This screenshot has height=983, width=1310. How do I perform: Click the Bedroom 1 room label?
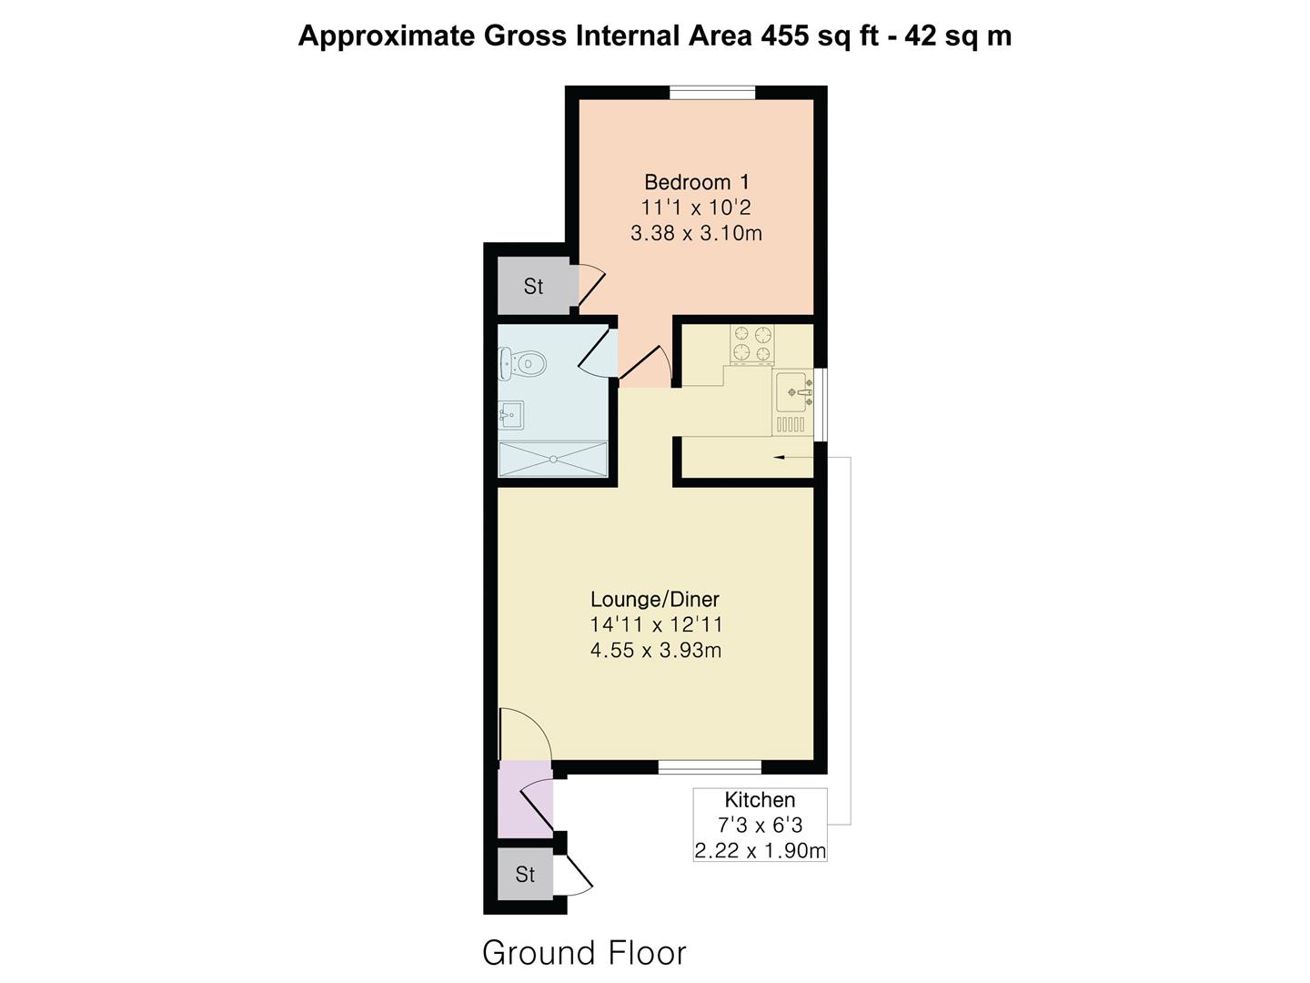(697, 182)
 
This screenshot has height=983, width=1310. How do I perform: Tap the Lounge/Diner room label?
(655, 599)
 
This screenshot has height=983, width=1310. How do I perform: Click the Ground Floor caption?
(584, 953)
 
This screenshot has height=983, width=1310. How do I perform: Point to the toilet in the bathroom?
(523, 362)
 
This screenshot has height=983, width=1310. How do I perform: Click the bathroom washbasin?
(511, 415)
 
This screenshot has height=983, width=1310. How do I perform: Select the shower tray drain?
(553, 459)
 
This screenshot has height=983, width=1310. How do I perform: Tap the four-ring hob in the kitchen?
(752, 344)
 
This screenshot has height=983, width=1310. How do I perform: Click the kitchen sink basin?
(792, 392)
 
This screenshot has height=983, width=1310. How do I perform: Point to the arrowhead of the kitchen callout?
(778, 457)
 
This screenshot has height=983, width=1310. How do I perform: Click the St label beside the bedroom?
(533, 287)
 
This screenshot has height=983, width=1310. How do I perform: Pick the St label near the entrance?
(525, 875)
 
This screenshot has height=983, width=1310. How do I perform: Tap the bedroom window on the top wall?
(712, 93)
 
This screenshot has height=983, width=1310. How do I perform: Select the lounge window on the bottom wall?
(710, 767)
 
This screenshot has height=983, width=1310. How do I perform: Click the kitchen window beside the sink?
(821, 404)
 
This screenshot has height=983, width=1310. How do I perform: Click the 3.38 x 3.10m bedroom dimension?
(697, 233)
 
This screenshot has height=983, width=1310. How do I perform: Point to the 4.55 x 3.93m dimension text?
(655, 650)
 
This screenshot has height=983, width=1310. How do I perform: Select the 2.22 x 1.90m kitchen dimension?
(760, 850)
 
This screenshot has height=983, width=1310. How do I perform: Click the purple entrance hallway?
(525, 798)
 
